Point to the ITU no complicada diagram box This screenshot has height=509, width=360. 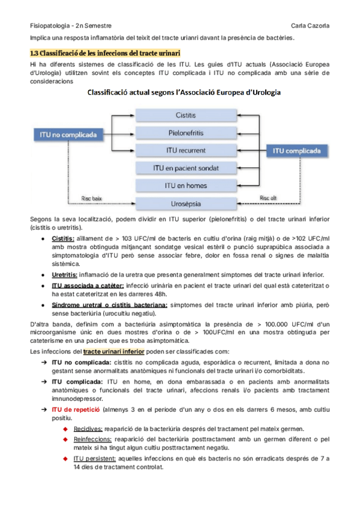point(68,135)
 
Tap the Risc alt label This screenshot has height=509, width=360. point(268,197)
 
